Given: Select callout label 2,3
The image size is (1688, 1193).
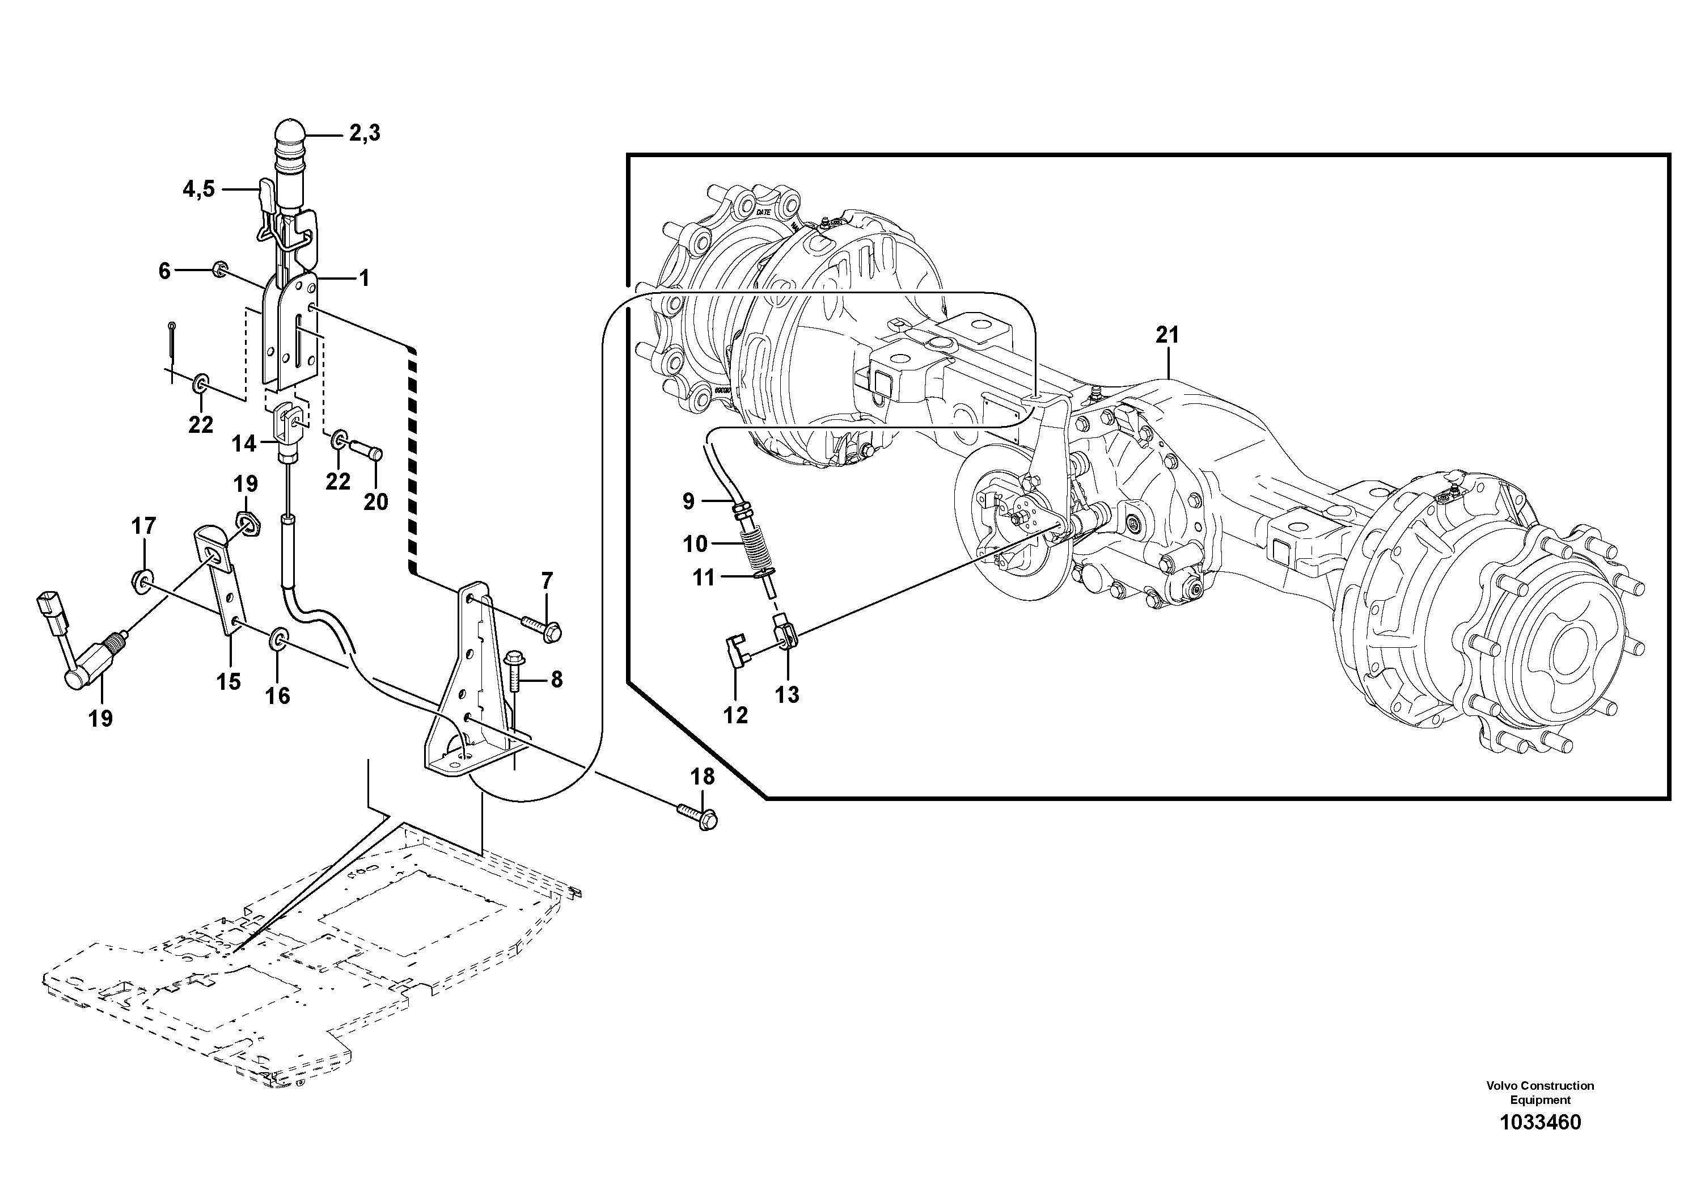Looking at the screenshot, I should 364,133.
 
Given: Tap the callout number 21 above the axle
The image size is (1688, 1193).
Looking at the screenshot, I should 1167,335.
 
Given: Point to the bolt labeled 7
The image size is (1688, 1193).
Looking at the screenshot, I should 543,627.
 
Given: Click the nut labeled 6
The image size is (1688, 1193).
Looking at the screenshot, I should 219,270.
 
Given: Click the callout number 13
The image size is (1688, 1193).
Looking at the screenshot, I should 786,694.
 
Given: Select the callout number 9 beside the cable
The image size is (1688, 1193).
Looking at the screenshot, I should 688,501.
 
